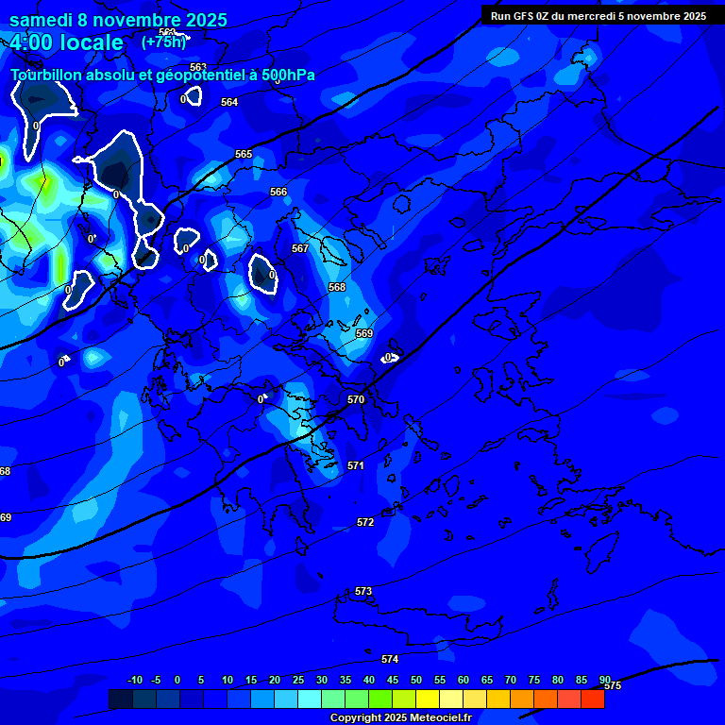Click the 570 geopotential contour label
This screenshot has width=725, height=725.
[356, 400]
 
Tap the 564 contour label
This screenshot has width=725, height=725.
[229, 103]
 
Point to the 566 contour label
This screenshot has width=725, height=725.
[278, 193]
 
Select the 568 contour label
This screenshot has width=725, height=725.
[337, 288]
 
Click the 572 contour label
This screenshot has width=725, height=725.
[365, 523]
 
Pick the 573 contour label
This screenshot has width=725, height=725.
[363, 592]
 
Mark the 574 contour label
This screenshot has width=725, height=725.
[390, 660]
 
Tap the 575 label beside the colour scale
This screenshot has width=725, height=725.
[613, 686]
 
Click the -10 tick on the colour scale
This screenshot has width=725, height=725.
[134, 680]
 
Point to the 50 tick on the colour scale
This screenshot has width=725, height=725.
[416, 680]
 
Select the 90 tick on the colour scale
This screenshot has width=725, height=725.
[604, 680]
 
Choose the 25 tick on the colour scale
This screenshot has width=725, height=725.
[298, 680]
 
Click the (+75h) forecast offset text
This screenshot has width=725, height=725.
[164, 42]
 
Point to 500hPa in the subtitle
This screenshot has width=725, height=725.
[288, 76]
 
